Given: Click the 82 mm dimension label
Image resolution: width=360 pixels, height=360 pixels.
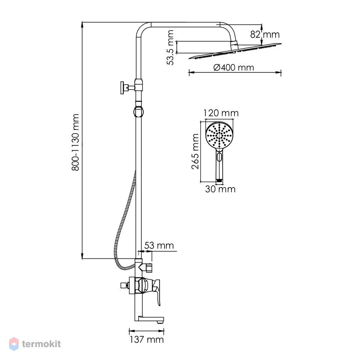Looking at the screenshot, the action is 265,35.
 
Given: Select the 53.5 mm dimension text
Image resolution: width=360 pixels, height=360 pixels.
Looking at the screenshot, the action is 171,48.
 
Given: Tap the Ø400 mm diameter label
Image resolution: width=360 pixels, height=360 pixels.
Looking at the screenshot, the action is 234,68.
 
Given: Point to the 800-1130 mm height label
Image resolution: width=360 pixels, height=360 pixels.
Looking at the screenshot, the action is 75,142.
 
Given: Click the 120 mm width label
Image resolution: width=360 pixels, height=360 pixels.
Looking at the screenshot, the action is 221,113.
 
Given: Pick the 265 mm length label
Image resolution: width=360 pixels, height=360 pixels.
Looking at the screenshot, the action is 195,152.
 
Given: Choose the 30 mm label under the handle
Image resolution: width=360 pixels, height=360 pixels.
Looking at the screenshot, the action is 220,189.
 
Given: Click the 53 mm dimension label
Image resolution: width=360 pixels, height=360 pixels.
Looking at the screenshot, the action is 159,246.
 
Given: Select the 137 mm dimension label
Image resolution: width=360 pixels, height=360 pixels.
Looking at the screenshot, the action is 147,339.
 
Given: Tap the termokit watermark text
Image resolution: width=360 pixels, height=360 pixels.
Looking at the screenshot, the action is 41,344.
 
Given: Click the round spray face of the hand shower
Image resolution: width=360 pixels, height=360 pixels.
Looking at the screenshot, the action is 219,135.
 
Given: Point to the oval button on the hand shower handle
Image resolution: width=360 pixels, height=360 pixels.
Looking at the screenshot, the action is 219,157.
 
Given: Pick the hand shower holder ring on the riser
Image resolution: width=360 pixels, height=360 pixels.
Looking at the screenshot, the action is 139,112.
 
